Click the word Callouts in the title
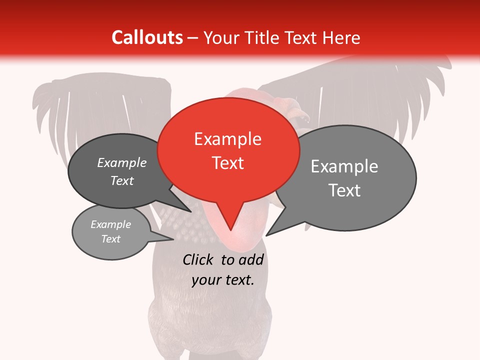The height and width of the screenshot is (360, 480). tap(147, 37)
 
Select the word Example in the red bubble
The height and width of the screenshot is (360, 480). tap(228, 139)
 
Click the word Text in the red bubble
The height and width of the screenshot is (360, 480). tap(228, 162)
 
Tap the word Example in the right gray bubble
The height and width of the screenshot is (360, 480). tap(344, 166)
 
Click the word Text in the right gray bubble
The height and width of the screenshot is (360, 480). tap(344, 190)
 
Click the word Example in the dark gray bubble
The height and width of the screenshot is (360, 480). tap(122, 162)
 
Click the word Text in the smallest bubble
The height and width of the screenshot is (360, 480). tap(111, 239)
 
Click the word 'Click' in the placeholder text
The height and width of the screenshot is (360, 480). tap(198, 259)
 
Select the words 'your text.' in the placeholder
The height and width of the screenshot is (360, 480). tap(223, 280)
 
